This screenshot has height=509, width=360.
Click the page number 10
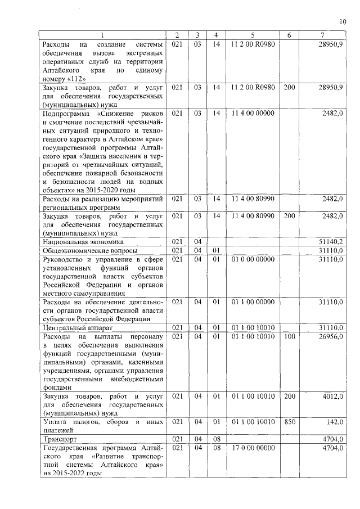[x=342, y=22]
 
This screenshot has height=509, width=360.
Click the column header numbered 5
[x=253, y=35]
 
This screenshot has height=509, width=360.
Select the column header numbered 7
[x=321, y=35]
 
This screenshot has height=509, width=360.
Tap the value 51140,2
[x=331, y=241]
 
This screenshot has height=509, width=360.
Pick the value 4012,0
[x=332, y=397]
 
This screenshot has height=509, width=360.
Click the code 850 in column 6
[x=289, y=421]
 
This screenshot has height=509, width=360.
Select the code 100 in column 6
[x=289, y=336]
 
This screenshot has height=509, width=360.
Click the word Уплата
[x=56, y=421]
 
